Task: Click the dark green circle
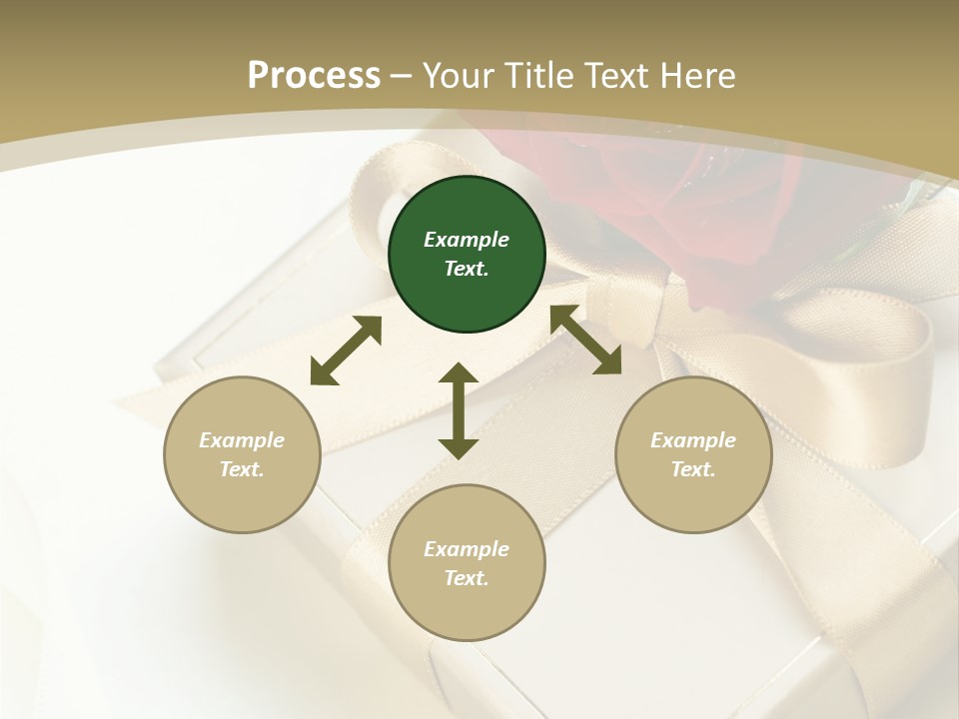tap(467, 254)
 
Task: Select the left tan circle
tap(242, 454)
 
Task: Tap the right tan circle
tap(693, 454)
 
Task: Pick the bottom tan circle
tap(467, 563)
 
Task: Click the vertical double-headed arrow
tap(459, 410)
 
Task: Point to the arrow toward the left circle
tap(346, 351)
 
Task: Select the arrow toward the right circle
tap(585, 340)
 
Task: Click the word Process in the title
tap(314, 75)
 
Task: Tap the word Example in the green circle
tap(467, 240)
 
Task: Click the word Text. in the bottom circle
tap(467, 578)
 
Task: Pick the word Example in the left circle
tap(242, 440)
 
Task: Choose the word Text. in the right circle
tap(693, 469)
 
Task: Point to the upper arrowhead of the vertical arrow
tap(459, 374)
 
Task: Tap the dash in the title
tap(402, 75)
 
